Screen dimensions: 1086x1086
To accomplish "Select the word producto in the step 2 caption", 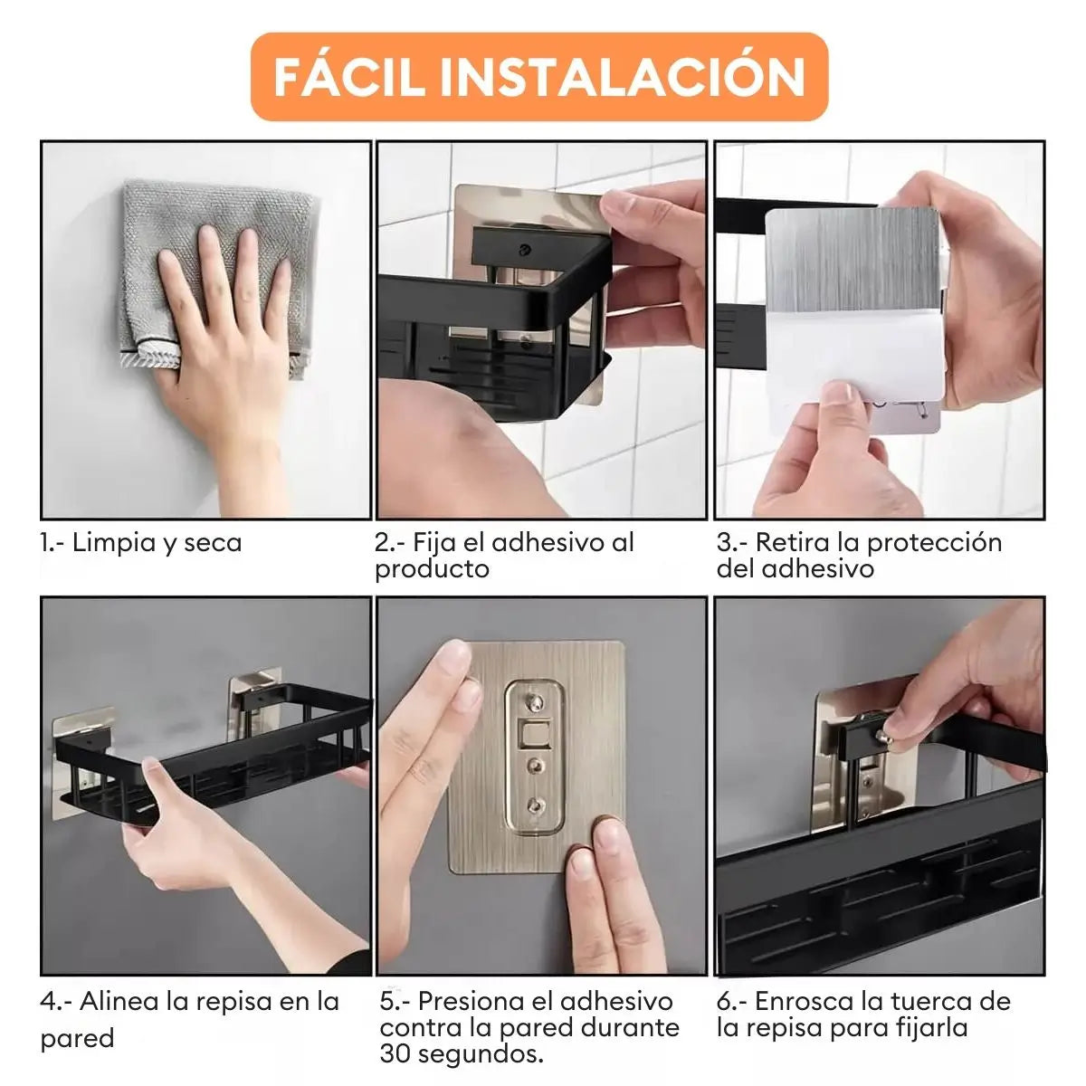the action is (x=433, y=569).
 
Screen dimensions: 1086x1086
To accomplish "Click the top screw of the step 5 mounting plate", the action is (x=534, y=702).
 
